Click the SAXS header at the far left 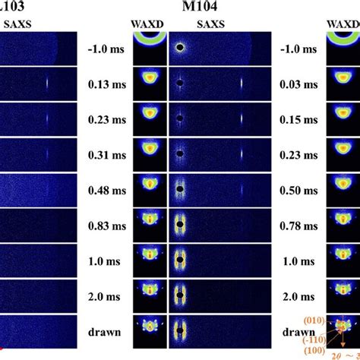[x=18, y=26]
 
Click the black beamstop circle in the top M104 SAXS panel [x=180, y=47]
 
